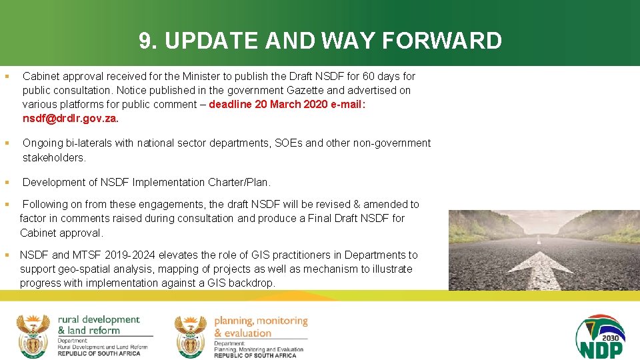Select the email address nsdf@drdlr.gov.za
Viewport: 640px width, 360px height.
pyautogui.click(x=70, y=119)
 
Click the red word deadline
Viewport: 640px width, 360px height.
pyautogui.click(x=236, y=105)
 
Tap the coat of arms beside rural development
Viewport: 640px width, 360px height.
pyautogui.click(x=33, y=335)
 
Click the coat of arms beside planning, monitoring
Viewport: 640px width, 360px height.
pyautogui.click(x=191, y=335)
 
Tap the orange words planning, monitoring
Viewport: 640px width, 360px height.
pyautogui.click(x=261, y=321)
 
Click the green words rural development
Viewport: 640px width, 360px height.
pyautogui.click(x=99, y=320)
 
